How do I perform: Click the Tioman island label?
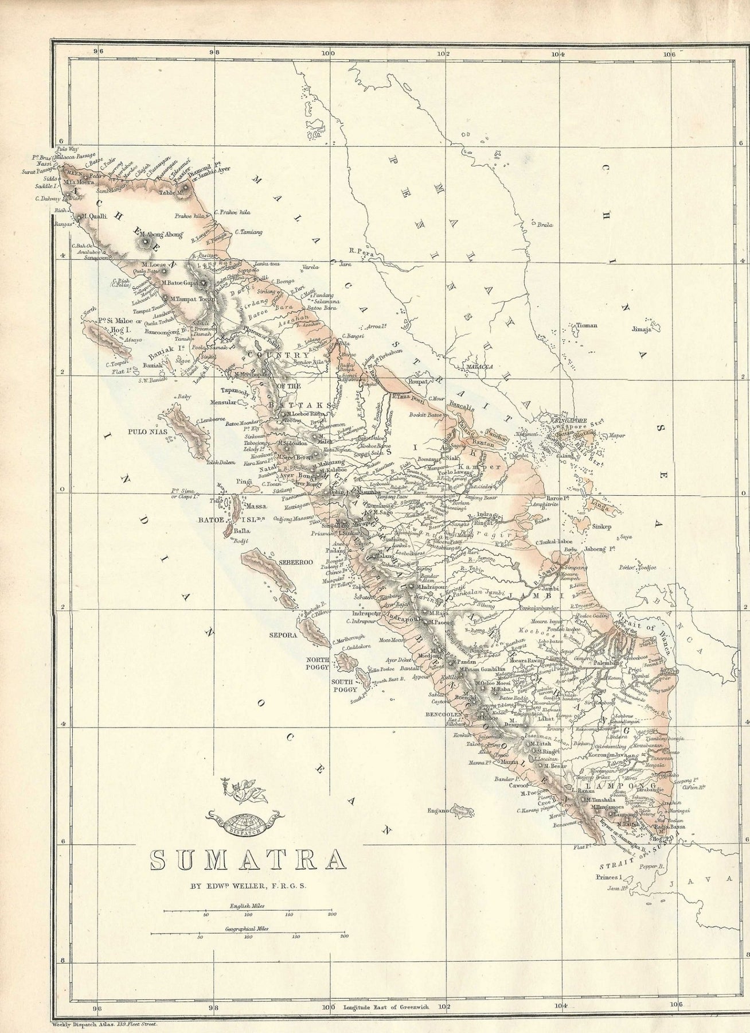(x=587, y=325)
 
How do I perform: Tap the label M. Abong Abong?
(x=161, y=234)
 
